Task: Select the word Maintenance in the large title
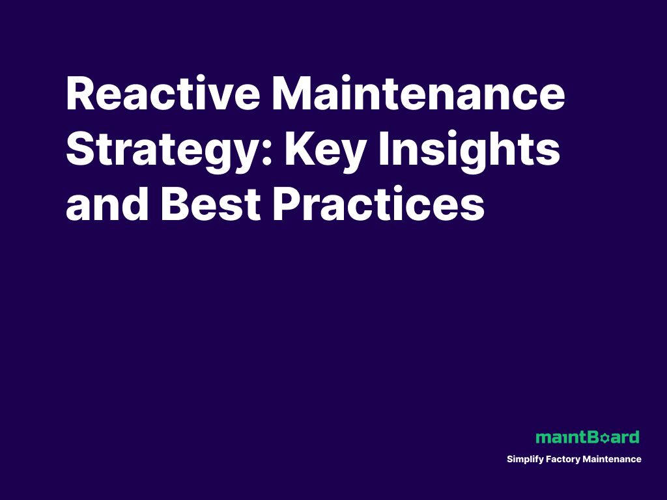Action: coord(418,94)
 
